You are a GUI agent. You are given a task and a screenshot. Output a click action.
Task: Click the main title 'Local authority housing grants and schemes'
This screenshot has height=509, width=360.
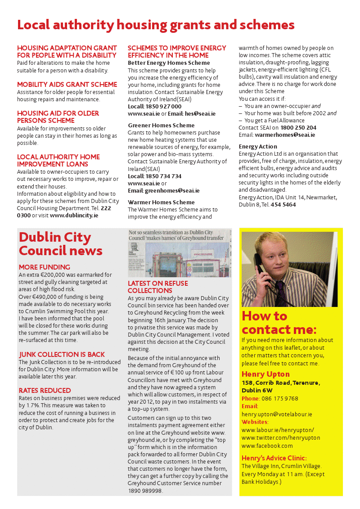pyautogui.click(x=156, y=24)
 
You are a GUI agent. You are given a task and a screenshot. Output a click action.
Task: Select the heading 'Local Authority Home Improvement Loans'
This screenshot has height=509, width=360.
pyautogui.click(x=58, y=160)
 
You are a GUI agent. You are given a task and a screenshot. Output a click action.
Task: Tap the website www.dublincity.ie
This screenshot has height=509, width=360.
pyautogui.click(x=74, y=216)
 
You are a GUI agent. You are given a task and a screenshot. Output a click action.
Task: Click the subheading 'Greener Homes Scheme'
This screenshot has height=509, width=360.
pyautogui.click(x=161, y=125)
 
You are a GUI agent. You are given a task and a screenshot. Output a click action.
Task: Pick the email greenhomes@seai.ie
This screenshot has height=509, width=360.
pyautogui.click(x=172, y=190)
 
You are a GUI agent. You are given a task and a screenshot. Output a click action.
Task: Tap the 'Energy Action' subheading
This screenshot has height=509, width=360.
pyautogui.click(x=258, y=146)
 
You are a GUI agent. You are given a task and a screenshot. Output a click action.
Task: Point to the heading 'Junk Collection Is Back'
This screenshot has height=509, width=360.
pyautogui.click(x=62, y=354)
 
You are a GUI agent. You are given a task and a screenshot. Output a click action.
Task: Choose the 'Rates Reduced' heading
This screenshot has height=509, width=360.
pyautogui.click(x=45, y=390)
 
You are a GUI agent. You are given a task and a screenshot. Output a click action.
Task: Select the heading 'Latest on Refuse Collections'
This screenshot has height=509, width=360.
pyautogui.click(x=157, y=287)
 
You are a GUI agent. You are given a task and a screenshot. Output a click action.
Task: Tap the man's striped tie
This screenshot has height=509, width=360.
pyautogui.click(x=280, y=292)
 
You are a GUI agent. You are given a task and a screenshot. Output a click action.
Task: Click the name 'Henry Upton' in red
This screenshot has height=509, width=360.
pyautogui.click(x=265, y=374)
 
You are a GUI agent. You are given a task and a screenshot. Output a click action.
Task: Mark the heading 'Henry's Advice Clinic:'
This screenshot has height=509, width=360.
pyautogui.click(x=274, y=458)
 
